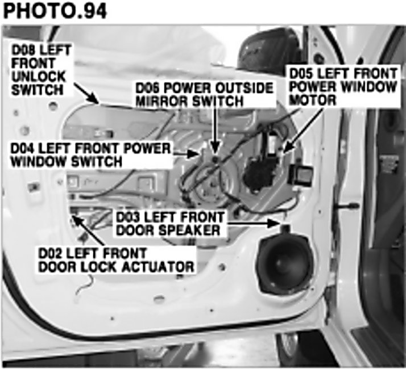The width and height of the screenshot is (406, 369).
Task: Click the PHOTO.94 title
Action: (x=55, y=11)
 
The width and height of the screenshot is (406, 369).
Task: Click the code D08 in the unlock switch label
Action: (x=23, y=50)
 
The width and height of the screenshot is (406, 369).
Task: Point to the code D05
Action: (x=301, y=74)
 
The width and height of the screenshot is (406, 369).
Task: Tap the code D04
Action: (x=23, y=149)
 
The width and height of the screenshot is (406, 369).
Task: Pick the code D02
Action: (x=49, y=253)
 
